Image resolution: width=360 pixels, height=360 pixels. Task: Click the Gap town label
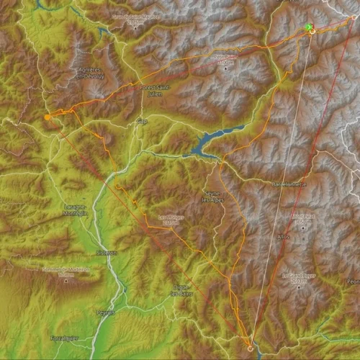(142, 122)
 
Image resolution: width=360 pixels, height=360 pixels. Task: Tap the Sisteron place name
(107, 253)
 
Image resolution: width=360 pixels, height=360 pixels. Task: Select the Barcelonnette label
(289, 184)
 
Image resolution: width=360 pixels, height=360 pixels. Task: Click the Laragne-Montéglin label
(75, 210)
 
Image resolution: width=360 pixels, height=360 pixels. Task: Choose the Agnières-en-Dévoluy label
(91, 73)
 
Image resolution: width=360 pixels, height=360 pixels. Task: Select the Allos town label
(283, 236)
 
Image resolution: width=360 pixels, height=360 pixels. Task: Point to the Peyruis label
(105, 312)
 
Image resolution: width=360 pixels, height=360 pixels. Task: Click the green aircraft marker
(309, 27)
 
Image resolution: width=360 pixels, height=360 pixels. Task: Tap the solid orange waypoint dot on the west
(48, 116)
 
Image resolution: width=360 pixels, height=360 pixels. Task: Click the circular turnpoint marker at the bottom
(251, 348)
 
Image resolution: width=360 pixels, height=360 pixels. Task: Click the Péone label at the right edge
(352, 280)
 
